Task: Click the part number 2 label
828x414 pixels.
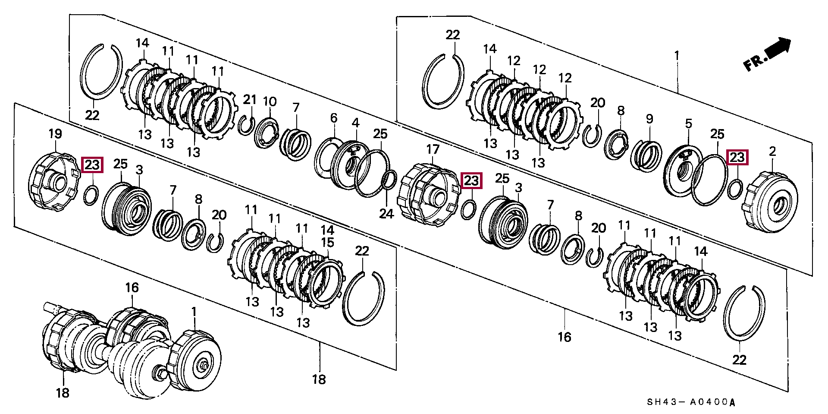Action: [772, 152]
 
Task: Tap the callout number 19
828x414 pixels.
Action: [55, 134]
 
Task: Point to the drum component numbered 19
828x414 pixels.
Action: [50, 181]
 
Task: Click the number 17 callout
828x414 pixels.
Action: [433, 150]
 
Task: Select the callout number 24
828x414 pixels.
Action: [386, 213]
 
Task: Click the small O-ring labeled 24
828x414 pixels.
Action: [390, 179]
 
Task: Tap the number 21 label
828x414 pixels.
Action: [250, 100]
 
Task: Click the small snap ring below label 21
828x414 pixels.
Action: [247, 125]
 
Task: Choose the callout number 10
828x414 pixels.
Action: [270, 102]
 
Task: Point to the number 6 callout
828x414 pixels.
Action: [333, 118]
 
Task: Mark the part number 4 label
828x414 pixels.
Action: [355, 123]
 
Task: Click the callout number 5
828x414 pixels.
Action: [688, 124]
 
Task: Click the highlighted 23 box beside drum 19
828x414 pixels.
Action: [92, 164]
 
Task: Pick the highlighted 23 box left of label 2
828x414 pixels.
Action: [737, 158]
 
